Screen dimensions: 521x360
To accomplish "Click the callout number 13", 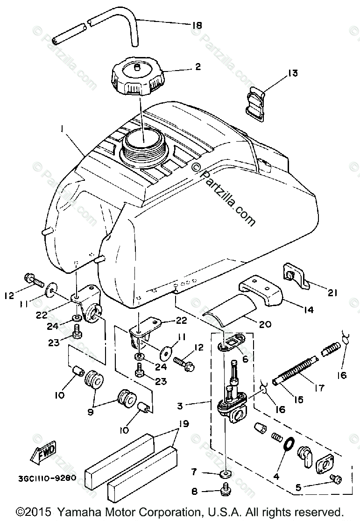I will click(293, 73).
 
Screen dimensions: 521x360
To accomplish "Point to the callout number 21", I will click(332, 293).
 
